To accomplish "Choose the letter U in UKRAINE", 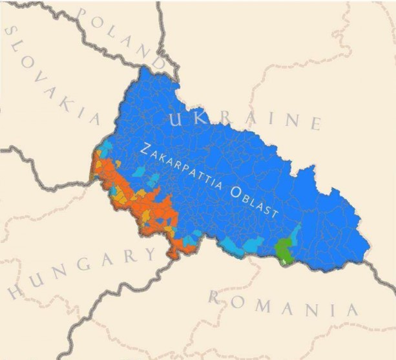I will click(176, 117).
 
